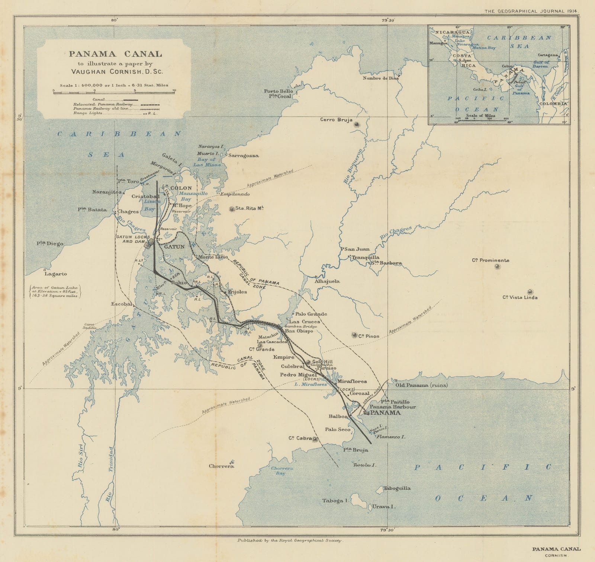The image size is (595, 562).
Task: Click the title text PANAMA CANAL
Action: click(x=115, y=54)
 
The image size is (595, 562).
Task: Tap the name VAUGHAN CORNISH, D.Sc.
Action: click(x=115, y=72)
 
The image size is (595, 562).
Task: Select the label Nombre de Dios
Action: click(x=381, y=78)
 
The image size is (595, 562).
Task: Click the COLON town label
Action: click(x=181, y=188)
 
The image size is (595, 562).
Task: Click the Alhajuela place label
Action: click(x=327, y=281)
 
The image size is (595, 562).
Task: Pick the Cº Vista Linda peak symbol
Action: click(x=530, y=291)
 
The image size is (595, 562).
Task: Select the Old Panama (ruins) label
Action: click(x=421, y=385)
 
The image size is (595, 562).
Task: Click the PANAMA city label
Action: click(x=385, y=413)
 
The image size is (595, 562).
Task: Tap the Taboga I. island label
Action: click(x=335, y=501)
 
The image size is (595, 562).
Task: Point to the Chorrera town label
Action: click(x=221, y=466)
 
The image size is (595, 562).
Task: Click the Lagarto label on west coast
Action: click(x=56, y=274)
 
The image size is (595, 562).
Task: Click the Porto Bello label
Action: click(x=279, y=91)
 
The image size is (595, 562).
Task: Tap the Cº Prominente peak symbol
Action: click(x=498, y=266)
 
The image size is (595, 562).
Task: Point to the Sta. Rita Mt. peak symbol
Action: click(x=232, y=209)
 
